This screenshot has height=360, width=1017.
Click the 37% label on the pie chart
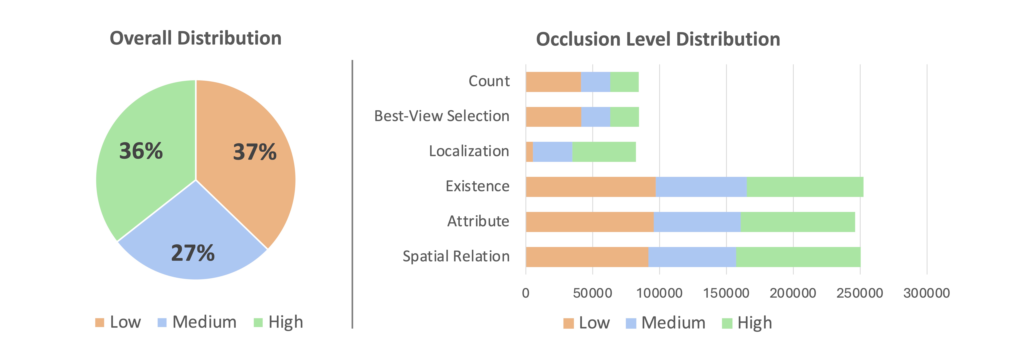tap(255, 152)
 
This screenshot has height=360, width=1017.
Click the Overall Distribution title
tap(195, 38)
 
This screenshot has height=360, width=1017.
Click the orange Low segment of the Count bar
tap(553, 82)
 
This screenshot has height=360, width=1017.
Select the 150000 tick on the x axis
tap(726, 293)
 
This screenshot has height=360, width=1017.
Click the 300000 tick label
tap(927, 293)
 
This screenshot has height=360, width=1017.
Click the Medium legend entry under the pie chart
tap(204, 322)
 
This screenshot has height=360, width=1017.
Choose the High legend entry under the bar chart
tap(754, 323)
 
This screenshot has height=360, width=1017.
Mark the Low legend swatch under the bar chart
tap(568, 323)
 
